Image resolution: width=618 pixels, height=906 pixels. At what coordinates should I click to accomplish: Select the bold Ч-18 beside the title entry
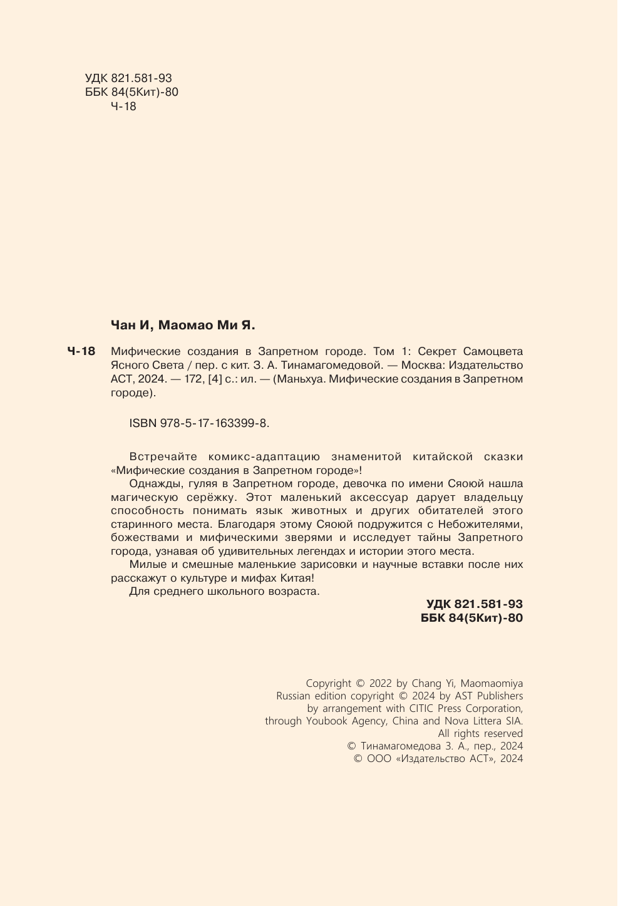click(81, 352)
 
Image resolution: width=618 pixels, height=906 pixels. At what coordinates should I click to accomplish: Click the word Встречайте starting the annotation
click(163, 457)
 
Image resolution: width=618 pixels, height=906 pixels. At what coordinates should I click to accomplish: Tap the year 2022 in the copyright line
click(381, 684)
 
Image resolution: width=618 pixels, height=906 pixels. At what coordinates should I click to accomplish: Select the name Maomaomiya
click(492, 684)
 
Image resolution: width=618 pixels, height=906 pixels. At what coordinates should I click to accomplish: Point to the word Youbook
click(329, 721)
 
